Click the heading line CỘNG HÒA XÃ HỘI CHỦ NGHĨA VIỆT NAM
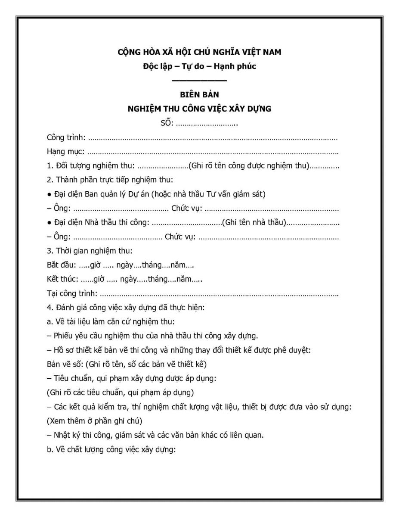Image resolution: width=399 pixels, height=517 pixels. click(199, 52)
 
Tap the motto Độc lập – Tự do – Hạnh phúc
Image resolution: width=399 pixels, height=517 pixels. click(199, 66)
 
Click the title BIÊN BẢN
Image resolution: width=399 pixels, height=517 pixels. click(199, 95)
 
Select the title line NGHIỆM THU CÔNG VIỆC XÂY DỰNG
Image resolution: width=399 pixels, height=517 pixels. click(199, 109)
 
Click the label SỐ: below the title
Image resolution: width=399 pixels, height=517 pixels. click(167, 124)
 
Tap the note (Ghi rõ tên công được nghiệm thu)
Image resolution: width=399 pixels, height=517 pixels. click(249, 166)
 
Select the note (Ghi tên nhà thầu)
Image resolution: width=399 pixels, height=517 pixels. click(254, 222)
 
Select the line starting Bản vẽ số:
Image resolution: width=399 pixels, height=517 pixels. click(127, 364)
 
